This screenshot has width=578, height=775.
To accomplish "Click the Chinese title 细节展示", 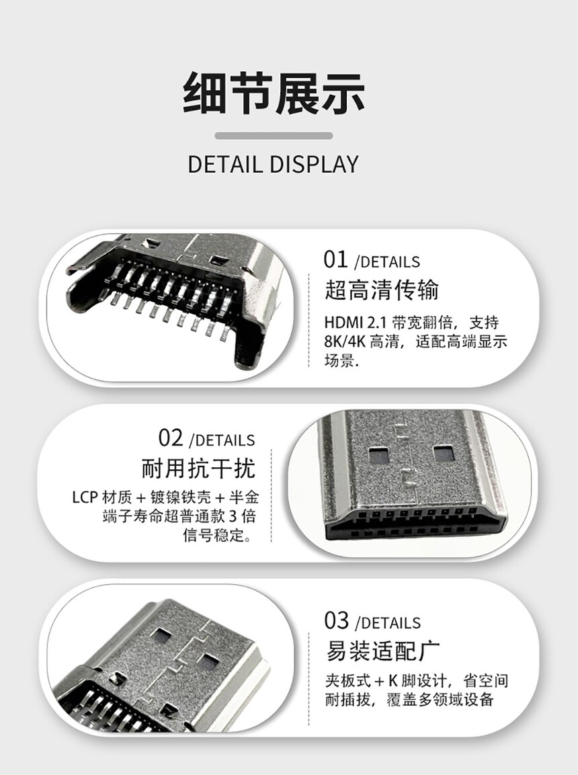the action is click(x=274, y=93).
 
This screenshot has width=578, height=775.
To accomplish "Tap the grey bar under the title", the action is click(x=274, y=136).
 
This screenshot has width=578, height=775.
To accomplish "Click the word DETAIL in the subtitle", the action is click(x=225, y=165).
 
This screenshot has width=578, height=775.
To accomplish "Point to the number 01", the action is click(x=336, y=259).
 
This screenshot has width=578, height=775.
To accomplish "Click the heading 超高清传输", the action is click(x=381, y=290).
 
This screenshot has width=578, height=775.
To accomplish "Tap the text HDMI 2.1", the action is click(x=355, y=323).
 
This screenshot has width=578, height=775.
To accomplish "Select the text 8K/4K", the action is click(x=345, y=341).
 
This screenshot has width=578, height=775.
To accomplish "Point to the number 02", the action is click(x=171, y=438).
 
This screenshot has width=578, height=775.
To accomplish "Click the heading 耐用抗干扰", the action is click(x=198, y=468).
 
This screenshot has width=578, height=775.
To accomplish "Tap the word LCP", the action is click(x=85, y=497).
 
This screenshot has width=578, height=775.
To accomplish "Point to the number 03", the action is click(x=337, y=621).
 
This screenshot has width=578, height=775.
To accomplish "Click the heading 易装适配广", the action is click(x=382, y=651).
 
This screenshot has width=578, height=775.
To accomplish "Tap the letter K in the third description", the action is click(x=393, y=682).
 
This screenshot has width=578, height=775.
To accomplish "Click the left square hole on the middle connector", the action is click(x=378, y=454).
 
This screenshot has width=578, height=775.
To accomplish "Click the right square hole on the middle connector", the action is click(x=443, y=453).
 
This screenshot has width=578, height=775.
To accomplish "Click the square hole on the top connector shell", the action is click(x=217, y=260).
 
